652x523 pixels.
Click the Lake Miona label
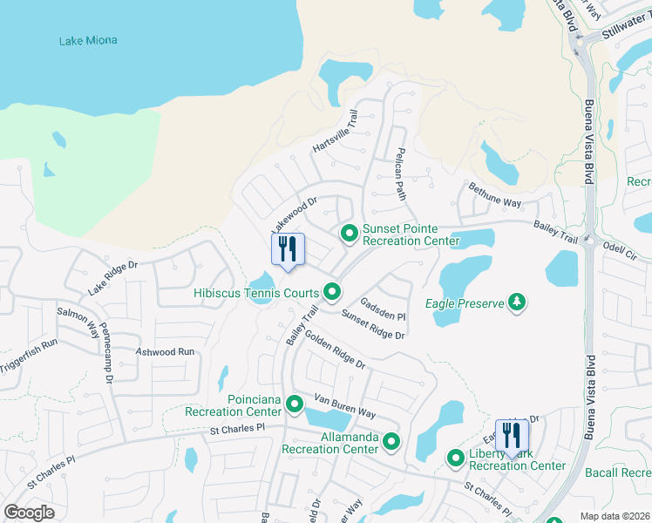[x=88, y=41]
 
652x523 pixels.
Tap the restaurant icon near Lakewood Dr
[x=289, y=248]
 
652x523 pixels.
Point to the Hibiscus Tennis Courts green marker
[x=331, y=292]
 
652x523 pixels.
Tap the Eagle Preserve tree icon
[x=518, y=302]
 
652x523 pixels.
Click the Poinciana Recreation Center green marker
[x=295, y=404]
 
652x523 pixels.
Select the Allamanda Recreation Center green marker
[x=391, y=442]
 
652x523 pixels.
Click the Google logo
[x=30, y=512]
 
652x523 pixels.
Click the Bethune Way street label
[x=494, y=194]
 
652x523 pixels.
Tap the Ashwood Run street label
[x=165, y=352]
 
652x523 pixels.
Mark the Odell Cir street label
[x=620, y=248]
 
